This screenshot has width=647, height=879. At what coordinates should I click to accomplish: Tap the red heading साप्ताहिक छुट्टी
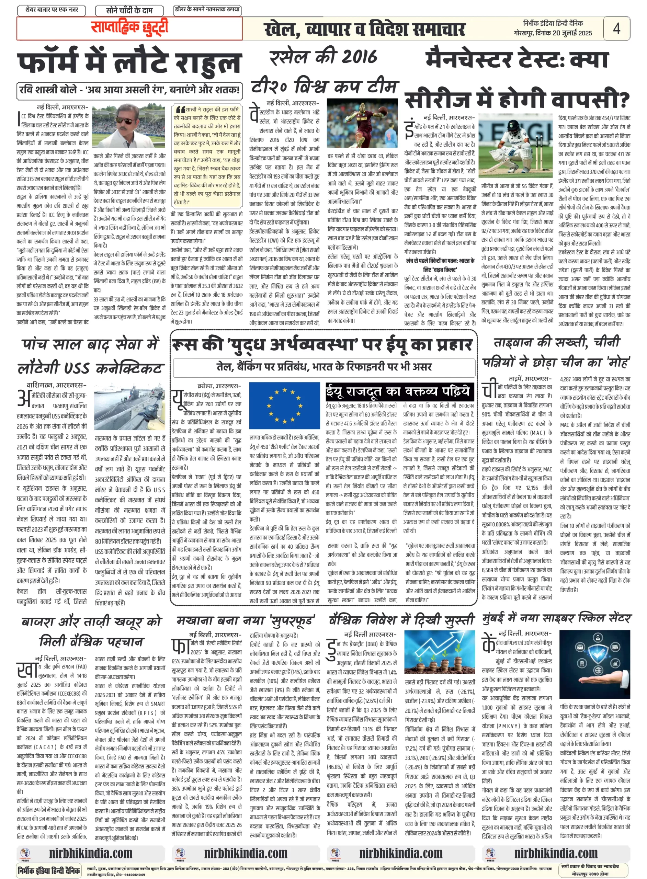coord(129,28)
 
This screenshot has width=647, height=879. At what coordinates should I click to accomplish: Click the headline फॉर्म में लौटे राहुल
coord(129,62)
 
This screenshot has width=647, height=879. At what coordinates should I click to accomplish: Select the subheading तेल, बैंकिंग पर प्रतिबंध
coord(324,367)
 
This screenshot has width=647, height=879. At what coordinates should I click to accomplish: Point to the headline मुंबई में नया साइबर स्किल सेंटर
coord(556,618)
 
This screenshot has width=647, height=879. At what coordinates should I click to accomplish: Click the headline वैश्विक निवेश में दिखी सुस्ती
coord(401,620)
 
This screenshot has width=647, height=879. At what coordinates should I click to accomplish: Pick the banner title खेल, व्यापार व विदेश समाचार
coord(364,30)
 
